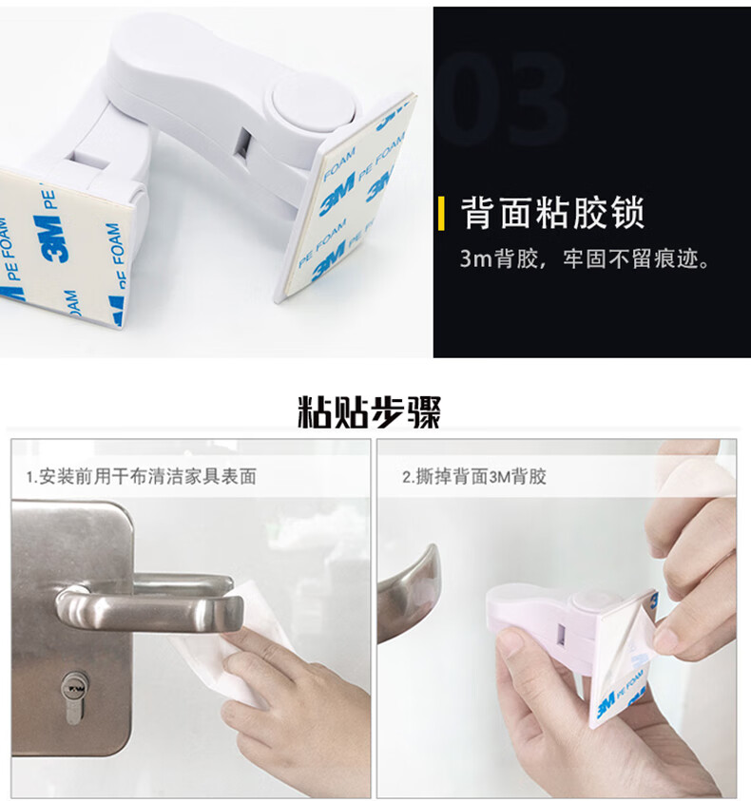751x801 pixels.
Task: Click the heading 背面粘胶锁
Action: [552, 213]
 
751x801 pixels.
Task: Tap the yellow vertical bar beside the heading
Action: [441, 214]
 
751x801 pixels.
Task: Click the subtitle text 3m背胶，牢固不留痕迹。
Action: [585, 259]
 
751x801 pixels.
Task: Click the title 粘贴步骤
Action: [369, 411]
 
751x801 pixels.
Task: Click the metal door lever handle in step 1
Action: [148, 601]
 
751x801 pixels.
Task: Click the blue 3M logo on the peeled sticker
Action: [606, 706]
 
